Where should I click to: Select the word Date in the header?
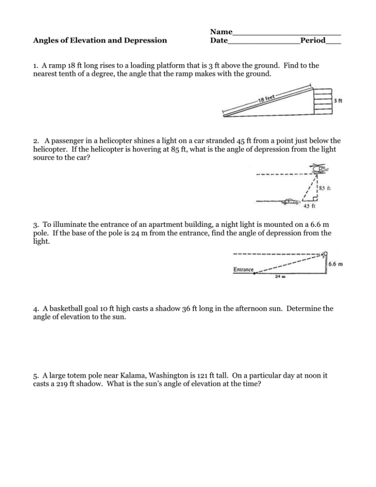(x=218, y=40)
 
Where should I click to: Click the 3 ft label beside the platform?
(x=338, y=101)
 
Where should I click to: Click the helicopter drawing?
(x=318, y=169)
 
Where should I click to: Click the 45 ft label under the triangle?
(x=310, y=206)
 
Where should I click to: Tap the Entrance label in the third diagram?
(x=243, y=269)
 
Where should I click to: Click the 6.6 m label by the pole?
(x=335, y=265)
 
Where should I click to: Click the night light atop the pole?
(x=324, y=254)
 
